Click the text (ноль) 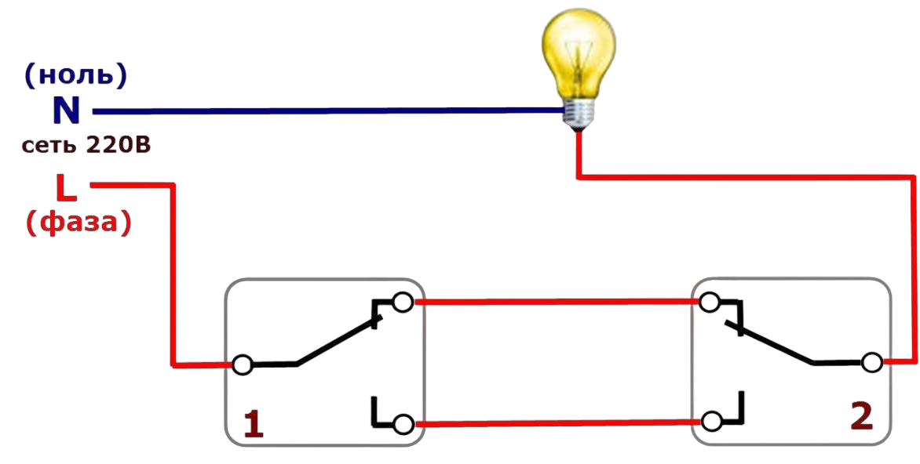[x=75, y=76]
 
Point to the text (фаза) [x=78, y=223]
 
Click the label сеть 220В [x=86, y=146]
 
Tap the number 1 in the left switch [x=253, y=425]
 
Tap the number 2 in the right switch [x=861, y=417]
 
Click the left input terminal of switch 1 [x=243, y=364]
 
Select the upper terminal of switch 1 [x=403, y=303]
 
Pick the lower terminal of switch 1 [x=403, y=424]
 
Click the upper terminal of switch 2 [x=710, y=302]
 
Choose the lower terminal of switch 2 [x=711, y=421]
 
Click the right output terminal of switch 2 [x=871, y=362]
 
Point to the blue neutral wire [x=314, y=111]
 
